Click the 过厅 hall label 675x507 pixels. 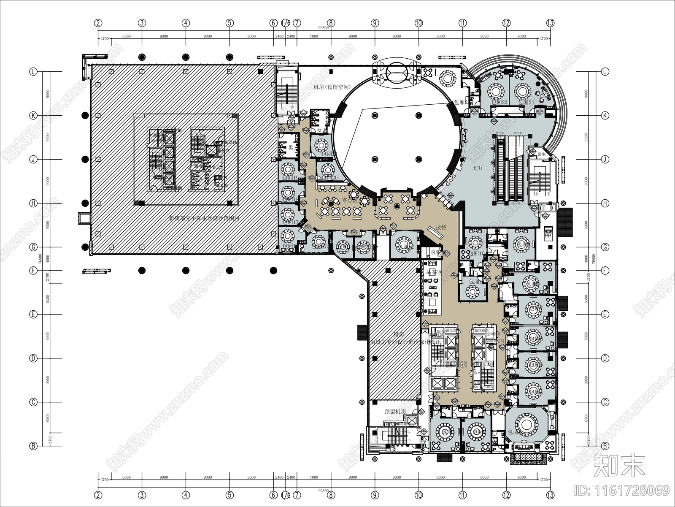point(478,168)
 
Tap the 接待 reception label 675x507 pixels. point(441,227)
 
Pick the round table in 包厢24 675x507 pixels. point(523,91)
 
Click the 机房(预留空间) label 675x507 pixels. point(332,87)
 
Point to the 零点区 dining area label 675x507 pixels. point(349,201)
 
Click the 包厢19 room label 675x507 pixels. point(290,178)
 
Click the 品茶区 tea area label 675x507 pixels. point(434,272)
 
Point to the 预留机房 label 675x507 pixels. point(395,411)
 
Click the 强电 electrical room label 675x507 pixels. point(541,155)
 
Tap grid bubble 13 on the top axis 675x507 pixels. point(550,23)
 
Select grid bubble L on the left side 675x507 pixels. point(33,72)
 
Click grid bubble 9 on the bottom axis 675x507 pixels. point(375,495)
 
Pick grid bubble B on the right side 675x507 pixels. point(605,446)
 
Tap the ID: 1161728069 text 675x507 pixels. point(622,490)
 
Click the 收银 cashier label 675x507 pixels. point(436,252)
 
